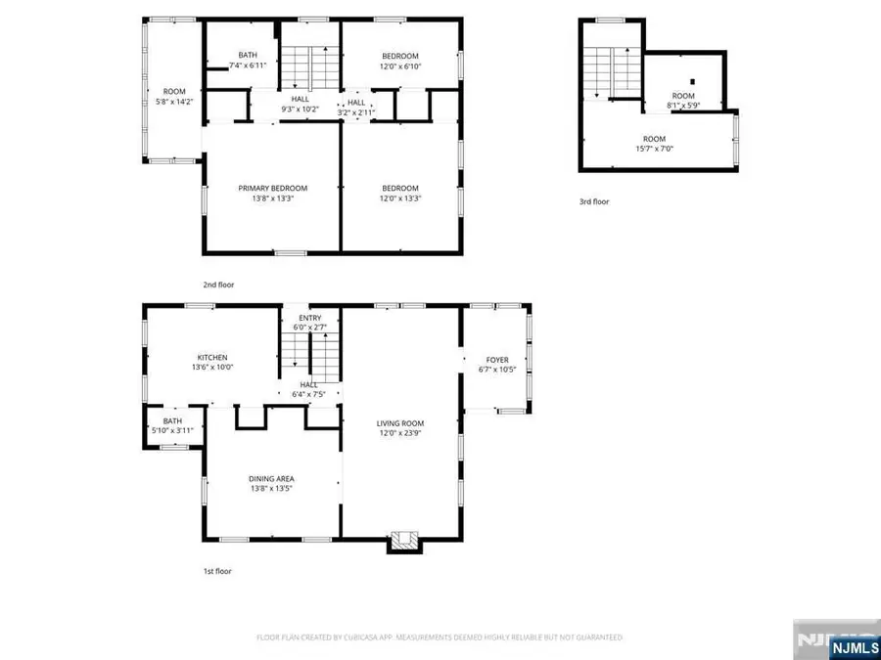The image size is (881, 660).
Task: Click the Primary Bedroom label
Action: click(x=272, y=188)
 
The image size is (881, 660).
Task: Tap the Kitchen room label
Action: click(x=211, y=357)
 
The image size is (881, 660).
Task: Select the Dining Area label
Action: click(x=271, y=478)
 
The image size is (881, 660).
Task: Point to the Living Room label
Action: click(x=400, y=423)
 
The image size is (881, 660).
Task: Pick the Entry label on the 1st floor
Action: click(x=309, y=318)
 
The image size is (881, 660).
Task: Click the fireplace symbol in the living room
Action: click(x=400, y=539)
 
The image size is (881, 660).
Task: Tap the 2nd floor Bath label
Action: click(x=247, y=55)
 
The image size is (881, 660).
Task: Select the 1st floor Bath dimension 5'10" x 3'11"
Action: click(x=172, y=430)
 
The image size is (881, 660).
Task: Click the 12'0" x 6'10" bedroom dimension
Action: click(x=400, y=66)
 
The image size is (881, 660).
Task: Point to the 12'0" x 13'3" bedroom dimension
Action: click(x=400, y=198)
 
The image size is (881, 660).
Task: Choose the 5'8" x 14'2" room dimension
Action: click(x=173, y=100)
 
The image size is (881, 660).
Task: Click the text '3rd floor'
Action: click(x=593, y=202)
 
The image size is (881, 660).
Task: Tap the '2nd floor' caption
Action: click(x=218, y=285)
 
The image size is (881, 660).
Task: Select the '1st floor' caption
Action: click(x=217, y=571)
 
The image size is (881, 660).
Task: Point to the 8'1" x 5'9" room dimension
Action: click(x=682, y=106)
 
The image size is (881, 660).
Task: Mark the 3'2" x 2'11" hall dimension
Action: click(x=356, y=112)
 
